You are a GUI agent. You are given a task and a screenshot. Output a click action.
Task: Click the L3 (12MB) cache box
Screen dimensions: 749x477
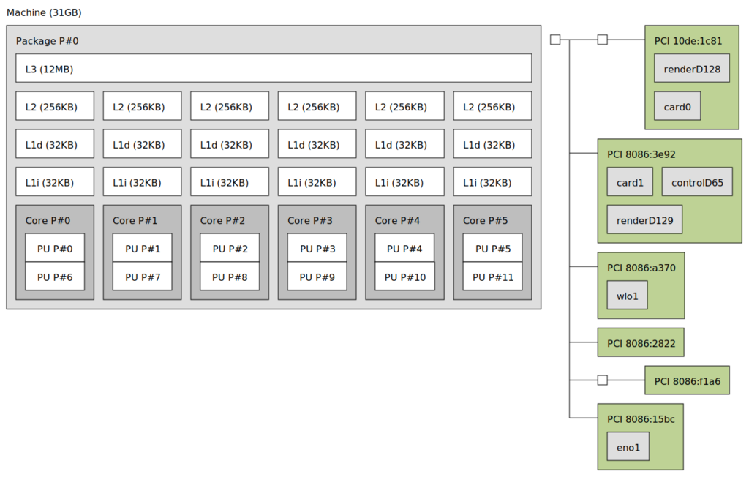pyautogui.click(x=274, y=68)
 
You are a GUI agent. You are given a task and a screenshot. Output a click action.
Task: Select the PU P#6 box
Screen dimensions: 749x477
pyautogui.click(x=55, y=277)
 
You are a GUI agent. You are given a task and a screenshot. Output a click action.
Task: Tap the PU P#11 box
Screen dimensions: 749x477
pyautogui.click(x=492, y=277)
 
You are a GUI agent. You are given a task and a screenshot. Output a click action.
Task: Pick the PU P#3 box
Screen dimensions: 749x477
pyautogui.click(x=317, y=248)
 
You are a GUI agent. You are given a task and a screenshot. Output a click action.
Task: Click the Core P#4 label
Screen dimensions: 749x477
pyautogui.click(x=397, y=220)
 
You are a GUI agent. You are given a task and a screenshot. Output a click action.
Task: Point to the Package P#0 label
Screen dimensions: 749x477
pyautogui.click(x=48, y=41)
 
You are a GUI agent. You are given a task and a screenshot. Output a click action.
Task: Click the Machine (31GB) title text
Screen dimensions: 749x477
pyautogui.click(x=44, y=12)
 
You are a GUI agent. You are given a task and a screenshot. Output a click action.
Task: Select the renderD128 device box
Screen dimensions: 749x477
pyautogui.click(x=692, y=68)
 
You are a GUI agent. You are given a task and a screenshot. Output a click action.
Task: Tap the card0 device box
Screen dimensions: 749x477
pyautogui.click(x=677, y=105)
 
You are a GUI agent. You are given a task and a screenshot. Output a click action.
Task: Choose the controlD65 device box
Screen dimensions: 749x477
pyautogui.click(x=697, y=181)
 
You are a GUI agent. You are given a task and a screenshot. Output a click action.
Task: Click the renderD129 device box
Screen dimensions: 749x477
pyautogui.click(x=644, y=219)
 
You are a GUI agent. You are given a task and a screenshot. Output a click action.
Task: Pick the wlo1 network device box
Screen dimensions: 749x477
pyautogui.click(x=627, y=295)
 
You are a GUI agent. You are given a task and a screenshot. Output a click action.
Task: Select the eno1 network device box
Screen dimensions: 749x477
pyautogui.click(x=628, y=446)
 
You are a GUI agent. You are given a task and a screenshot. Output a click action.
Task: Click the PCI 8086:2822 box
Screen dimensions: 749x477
pyautogui.click(x=641, y=342)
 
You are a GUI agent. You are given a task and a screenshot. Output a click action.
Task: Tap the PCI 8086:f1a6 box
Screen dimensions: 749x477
pyautogui.click(x=687, y=380)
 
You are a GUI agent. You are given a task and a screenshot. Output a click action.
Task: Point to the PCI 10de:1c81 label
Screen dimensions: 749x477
pyautogui.click(x=688, y=41)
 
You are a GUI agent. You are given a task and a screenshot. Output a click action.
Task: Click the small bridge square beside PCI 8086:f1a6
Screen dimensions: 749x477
pyautogui.click(x=603, y=380)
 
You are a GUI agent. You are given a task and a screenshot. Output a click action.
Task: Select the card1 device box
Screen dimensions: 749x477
pyautogui.click(x=630, y=181)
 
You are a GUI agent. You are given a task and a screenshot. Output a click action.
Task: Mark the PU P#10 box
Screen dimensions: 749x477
pyautogui.click(x=404, y=277)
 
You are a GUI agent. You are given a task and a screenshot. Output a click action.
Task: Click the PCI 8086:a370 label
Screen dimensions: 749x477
pyautogui.click(x=641, y=268)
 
